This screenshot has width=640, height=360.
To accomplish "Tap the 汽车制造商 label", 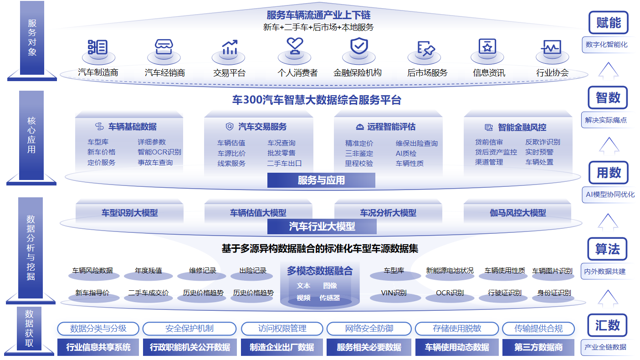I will pyautogui.click(x=98, y=72).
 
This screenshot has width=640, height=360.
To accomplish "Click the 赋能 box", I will pyautogui.click(x=608, y=23).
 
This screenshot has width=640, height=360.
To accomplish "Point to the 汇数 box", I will pyautogui.click(x=608, y=325).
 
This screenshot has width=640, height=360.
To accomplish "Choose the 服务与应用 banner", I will pyautogui.click(x=321, y=180).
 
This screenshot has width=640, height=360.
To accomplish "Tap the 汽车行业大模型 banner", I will pyautogui.click(x=322, y=226).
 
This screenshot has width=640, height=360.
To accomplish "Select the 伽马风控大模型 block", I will pyautogui.click(x=517, y=213).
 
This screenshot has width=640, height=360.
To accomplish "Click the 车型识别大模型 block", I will pyautogui.click(x=129, y=213).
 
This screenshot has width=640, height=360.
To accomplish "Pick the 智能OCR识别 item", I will pyautogui.click(x=159, y=152).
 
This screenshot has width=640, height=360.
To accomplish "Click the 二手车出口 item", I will pyautogui.click(x=284, y=163).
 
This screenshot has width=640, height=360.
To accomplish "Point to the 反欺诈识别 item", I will pyautogui.click(x=543, y=142).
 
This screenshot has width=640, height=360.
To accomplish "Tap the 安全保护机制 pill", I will pyautogui.click(x=189, y=329).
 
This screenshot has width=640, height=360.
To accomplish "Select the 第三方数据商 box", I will pyautogui.click(x=538, y=347).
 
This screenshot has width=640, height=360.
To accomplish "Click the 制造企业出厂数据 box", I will pyautogui.click(x=282, y=347).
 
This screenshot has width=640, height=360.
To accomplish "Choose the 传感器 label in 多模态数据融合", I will pyautogui.click(x=329, y=298).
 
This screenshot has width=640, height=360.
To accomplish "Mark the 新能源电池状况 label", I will pyautogui.click(x=450, y=271).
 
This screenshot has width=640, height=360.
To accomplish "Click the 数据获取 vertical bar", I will pyautogui.click(x=29, y=328).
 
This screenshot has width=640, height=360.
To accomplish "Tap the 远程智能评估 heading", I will pyautogui.click(x=391, y=127).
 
